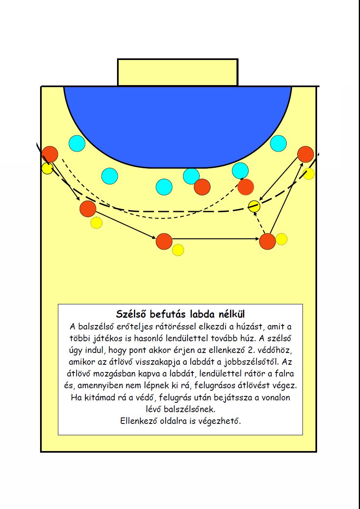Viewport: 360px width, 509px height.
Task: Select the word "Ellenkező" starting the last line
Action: pyautogui.click(x=139, y=421)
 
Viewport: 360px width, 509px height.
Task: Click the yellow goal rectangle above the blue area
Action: pyautogui.click(x=178, y=72)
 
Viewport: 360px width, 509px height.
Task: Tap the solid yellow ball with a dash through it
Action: pyautogui.click(x=254, y=206)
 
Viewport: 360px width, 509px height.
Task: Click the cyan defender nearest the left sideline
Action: pyautogui.click(x=77, y=143)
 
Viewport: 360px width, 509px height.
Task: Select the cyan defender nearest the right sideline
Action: pyautogui.click(x=278, y=143)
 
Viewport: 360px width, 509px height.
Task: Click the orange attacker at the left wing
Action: pyautogui.click(x=50, y=154)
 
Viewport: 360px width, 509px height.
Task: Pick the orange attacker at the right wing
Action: pyautogui.click(x=305, y=154)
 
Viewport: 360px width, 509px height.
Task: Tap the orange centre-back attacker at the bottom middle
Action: pyautogui.click(x=164, y=241)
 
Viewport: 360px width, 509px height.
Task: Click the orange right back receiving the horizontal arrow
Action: pyautogui.click(x=267, y=241)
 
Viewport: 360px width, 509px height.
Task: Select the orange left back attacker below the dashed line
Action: pyautogui.click(x=88, y=209)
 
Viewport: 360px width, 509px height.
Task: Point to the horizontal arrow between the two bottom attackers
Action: pyautogui.click(x=216, y=239)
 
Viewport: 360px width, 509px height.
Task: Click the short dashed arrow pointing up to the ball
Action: pyautogui.click(x=260, y=223)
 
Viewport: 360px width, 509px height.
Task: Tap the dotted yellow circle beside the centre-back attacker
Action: pyautogui.click(x=178, y=250)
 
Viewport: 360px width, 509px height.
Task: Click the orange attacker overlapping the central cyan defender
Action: pyautogui.click(x=202, y=187)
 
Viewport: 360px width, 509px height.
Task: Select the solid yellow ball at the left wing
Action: pyautogui.click(x=47, y=168)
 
